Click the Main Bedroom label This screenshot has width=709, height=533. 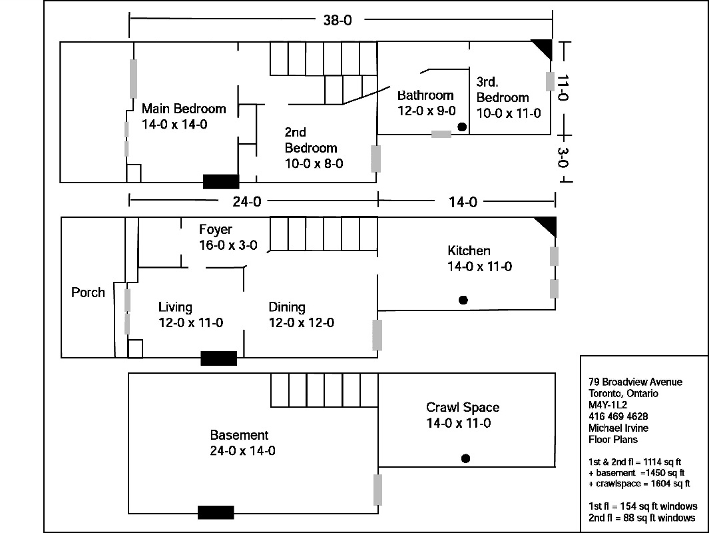pos(184,116)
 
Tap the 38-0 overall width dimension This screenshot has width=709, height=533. pos(338,20)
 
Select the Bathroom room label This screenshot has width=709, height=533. pos(425,103)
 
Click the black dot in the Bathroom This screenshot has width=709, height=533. pos(461,127)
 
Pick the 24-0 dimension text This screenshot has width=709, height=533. pos(246,201)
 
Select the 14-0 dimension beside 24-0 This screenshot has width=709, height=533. pos(462,201)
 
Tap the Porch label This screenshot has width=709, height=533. pos(88,292)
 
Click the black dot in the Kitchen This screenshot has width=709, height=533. pos(463,300)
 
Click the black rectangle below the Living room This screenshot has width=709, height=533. pos(219,358)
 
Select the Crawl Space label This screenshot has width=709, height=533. pos(462,415)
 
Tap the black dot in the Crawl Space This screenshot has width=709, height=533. pos(466,458)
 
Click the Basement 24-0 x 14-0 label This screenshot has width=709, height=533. pos(242,443)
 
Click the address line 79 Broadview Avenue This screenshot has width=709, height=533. pos(635,382)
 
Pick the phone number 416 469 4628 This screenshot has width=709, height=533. pos(618,416)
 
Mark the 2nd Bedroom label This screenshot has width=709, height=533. pos(312,148)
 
